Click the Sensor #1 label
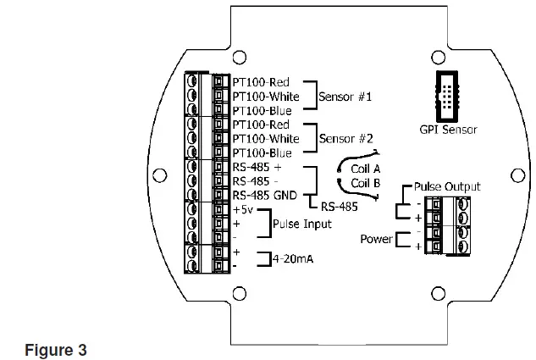point(345,97)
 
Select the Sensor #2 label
point(345,138)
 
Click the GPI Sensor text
point(448,130)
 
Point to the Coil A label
point(367,169)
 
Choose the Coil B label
point(367,182)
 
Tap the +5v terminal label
point(242,209)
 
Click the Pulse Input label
point(302,224)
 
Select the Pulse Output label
point(447,186)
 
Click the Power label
point(376,240)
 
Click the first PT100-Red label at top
point(261,83)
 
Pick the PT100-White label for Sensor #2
point(266,138)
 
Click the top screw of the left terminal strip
point(194,83)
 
